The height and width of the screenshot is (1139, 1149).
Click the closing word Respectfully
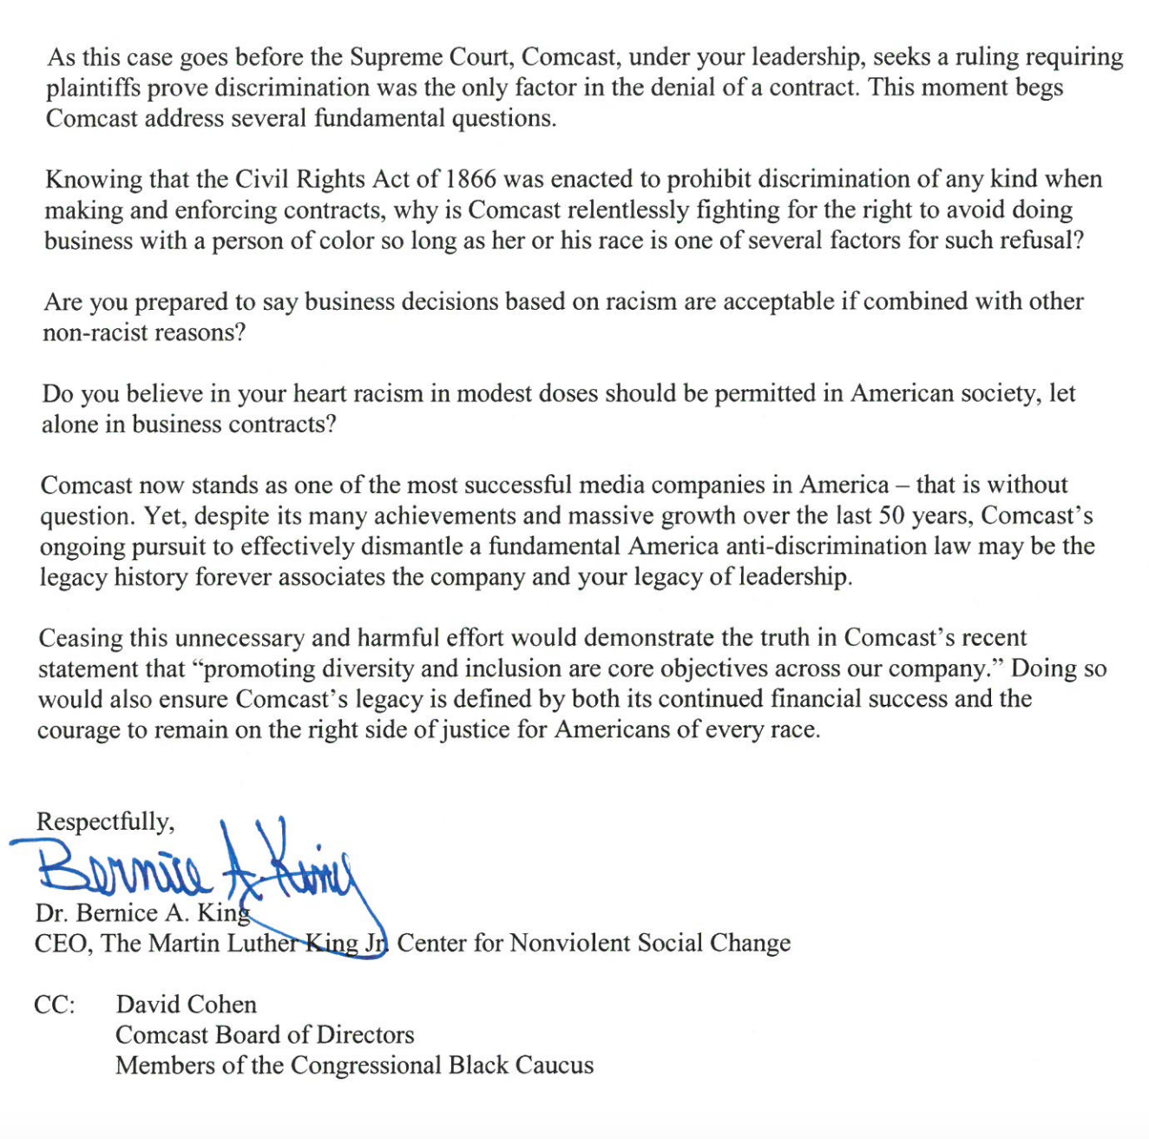point(105,821)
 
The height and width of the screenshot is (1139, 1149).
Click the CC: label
point(54,1004)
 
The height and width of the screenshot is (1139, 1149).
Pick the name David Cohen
point(186,1004)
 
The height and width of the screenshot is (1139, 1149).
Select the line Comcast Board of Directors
point(265,1035)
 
